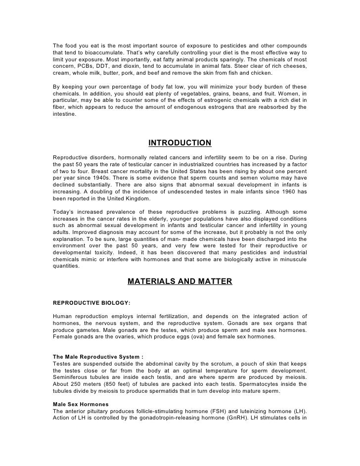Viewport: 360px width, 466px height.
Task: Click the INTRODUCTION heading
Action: (180, 143)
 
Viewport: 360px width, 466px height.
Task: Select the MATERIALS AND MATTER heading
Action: (180, 281)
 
